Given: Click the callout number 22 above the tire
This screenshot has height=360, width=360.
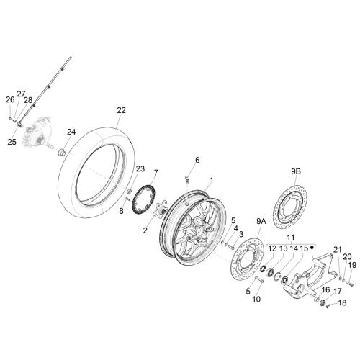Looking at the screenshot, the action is pos(121,110).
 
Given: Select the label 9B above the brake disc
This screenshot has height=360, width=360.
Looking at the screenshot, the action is pos(296,171).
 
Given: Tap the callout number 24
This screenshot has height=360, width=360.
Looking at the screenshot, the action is pos(71,132).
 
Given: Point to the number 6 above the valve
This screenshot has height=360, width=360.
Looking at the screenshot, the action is pos(197,160).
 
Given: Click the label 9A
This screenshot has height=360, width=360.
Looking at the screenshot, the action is pos(261,222).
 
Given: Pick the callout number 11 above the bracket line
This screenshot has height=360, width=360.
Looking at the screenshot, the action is pos(291,238).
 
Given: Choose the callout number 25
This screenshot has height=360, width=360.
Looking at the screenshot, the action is pos(12,142).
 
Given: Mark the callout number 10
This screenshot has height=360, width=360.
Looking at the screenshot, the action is pos(256,299).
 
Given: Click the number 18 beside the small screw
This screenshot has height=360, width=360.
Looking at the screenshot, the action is pos(342,302).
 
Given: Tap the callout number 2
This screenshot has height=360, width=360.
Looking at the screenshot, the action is pos(145,230).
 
